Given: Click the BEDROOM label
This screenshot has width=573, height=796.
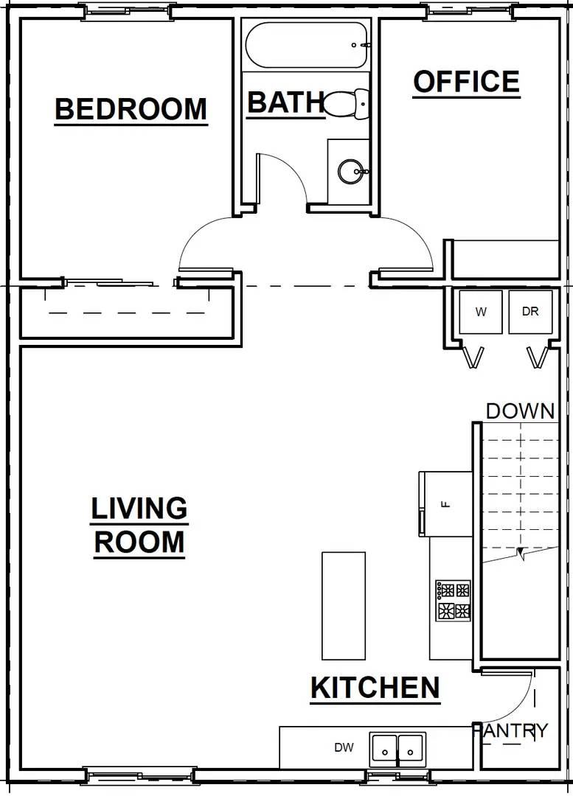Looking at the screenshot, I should [131, 109].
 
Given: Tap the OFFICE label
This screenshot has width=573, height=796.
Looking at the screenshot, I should [466, 82].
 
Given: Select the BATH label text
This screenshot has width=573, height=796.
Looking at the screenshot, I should [285, 102].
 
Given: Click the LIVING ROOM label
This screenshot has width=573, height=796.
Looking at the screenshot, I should [139, 525].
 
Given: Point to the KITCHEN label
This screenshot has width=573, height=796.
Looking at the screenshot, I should [375, 688].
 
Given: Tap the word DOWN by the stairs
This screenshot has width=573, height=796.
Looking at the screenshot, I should [520, 411].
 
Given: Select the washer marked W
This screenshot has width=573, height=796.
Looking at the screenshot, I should [481, 312].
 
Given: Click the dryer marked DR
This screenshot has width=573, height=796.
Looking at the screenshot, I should [530, 312].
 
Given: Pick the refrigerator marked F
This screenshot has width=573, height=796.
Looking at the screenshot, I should [445, 504].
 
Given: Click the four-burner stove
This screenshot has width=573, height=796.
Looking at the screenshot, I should [453, 601].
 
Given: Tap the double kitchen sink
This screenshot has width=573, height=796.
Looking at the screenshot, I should [397, 747].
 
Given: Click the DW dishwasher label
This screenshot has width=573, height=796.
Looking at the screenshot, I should [344, 747].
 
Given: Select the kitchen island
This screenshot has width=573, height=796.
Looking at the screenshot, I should [343, 605].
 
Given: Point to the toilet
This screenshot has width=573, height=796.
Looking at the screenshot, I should [347, 104].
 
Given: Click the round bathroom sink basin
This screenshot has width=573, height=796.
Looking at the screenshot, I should [350, 172].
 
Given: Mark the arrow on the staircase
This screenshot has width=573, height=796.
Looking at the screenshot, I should [521, 553].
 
